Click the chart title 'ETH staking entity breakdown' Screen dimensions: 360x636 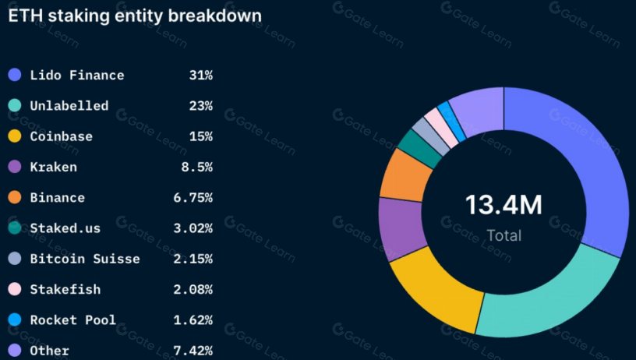click(x=134, y=15)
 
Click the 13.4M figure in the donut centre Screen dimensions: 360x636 click(x=503, y=205)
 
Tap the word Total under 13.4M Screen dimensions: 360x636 click(x=503, y=235)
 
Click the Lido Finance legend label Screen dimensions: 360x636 click(x=76, y=76)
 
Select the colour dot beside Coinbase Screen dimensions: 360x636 click(x=14, y=136)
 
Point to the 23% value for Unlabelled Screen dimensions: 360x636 click(x=200, y=106)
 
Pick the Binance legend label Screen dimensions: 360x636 click(x=57, y=198)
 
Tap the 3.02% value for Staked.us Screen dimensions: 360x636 click(x=193, y=228)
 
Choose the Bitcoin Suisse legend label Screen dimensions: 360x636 click(x=84, y=259)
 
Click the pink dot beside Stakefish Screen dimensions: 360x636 click(x=14, y=289)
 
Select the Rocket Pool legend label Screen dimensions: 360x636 click(x=72, y=319)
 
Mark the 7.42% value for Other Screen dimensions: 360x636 click(x=193, y=351)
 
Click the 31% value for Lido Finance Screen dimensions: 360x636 click(x=200, y=76)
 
